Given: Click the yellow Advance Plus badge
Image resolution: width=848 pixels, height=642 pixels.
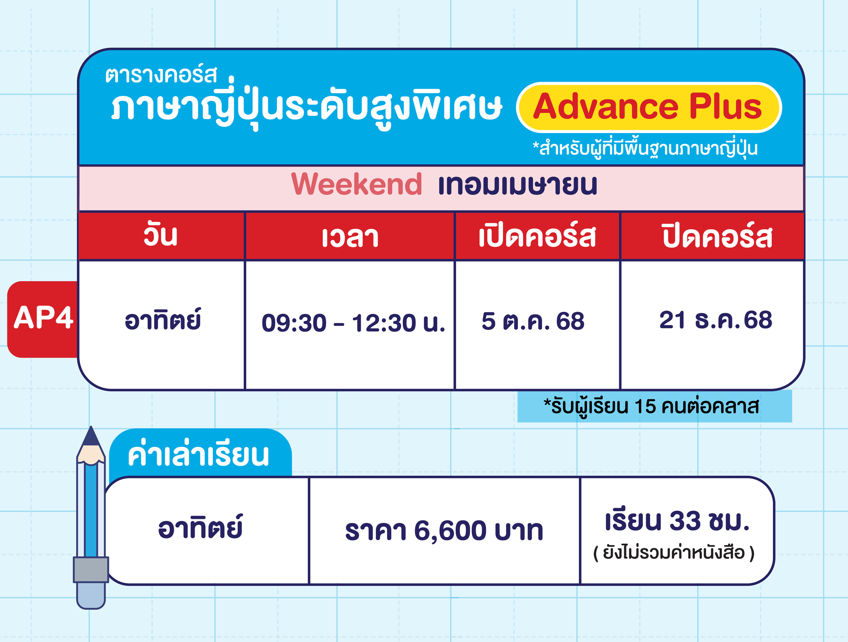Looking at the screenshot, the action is coord(649,107).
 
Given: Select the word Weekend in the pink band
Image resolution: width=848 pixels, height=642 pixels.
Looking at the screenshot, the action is coord(356,184).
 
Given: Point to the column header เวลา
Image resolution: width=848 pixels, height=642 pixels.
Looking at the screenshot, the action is coord(350,237).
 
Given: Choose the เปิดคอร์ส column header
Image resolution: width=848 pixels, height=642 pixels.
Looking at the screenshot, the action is coord(537,235).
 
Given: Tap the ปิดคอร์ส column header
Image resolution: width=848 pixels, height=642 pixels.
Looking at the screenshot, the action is coord(717,235).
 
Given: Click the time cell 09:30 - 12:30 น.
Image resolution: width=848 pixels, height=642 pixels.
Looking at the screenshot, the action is coord(353,323).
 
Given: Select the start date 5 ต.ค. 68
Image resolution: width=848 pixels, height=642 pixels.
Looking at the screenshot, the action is coord(533,320).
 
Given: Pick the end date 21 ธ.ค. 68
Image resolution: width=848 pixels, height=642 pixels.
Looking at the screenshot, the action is coord(715,319).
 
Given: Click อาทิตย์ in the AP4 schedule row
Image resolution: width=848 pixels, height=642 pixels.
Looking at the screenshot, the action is coord(163,319).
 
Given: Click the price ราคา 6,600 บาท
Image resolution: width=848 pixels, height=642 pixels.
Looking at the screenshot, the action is coord(444,530).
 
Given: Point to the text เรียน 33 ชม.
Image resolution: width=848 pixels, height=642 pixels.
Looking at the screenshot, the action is coord(677,521).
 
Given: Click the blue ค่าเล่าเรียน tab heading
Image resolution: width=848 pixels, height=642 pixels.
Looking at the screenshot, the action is coord(198,455).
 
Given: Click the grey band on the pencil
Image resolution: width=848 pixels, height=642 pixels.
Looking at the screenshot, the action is coord(91,569).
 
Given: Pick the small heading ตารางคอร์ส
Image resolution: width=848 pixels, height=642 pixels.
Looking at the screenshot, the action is coord(161,74).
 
